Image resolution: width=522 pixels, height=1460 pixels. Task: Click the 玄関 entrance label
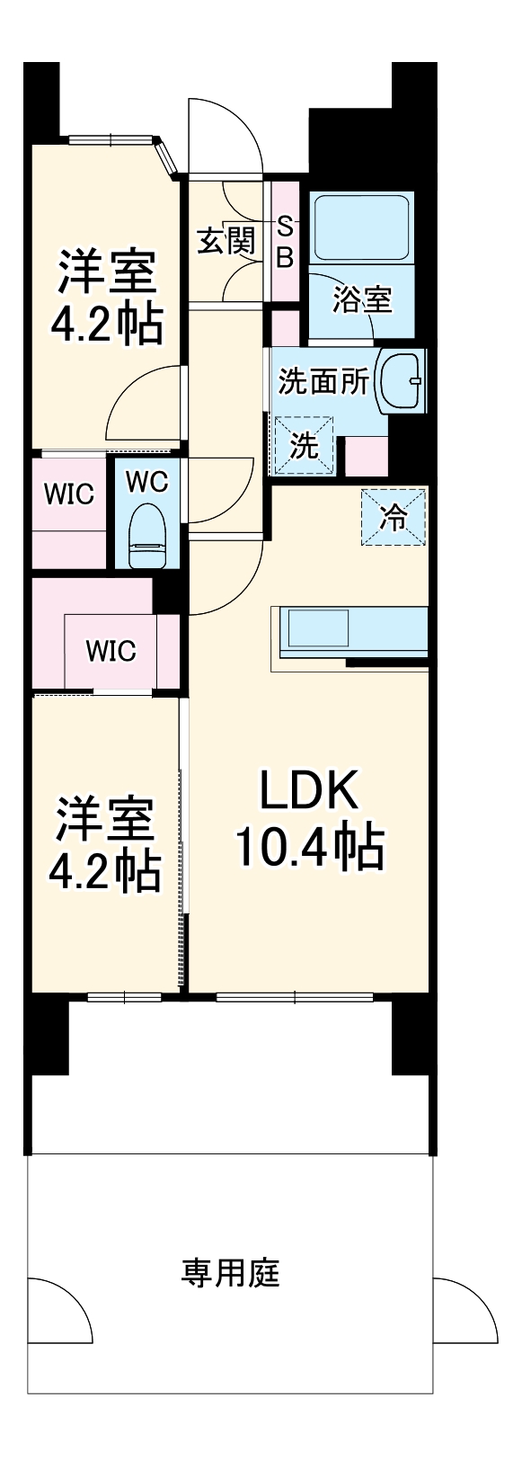(x=226, y=241)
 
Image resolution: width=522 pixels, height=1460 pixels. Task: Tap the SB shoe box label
(x=284, y=242)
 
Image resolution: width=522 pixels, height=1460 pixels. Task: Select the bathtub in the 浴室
(x=361, y=227)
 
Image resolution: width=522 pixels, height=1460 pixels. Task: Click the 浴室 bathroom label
(x=361, y=299)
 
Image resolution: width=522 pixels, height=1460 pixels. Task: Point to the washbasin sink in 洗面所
(x=401, y=381)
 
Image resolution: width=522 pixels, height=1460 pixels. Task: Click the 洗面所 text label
(x=323, y=381)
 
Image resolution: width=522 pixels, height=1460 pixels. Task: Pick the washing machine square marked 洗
(x=304, y=445)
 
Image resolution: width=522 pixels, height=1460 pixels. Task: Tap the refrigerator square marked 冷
(x=394, y=517)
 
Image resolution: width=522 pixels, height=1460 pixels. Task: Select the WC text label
(x=146, y=482)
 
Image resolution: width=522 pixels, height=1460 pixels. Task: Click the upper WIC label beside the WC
(x=69, y=494)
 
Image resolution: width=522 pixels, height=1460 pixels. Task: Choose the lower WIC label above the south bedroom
(x=111, y=650)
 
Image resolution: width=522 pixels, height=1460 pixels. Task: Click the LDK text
(x=310, y=789)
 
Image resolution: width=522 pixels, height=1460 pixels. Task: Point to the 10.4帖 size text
(x=310, y=847)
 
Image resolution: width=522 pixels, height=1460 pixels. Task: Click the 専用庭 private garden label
(x=231, y=1273)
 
